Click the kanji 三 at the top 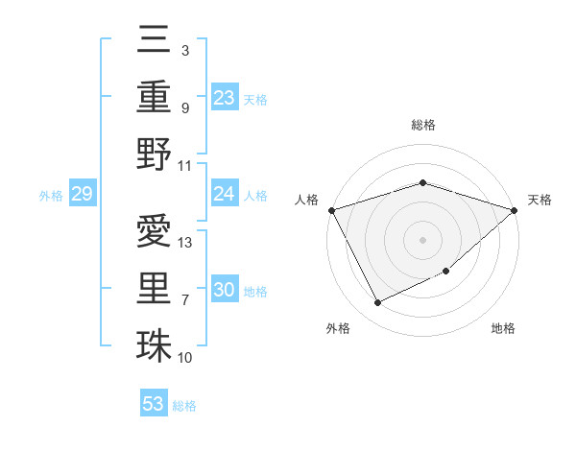click(x=154, y=41)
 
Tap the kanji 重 click(x=154, y=96)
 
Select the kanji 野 click(x=154, y=154)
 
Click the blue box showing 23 click(x=225, y=97)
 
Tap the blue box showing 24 click(x=225, y=195)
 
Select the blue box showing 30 click(x=225, y=290)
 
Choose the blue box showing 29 click(x=82, y=195)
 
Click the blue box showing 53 click(x=154, y=404)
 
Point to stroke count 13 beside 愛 click(x=186, y=242)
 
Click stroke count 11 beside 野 click(x=186, y=165)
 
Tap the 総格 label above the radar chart click(x=422, y=125)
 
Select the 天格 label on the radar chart click(x=540, y=200)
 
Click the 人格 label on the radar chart click(x=306, y=200)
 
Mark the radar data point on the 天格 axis click(x=515, y=210)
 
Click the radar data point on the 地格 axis click(x=446, y=272)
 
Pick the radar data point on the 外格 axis click(x=377, y=303)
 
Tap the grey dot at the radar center click(x=422, y=239)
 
